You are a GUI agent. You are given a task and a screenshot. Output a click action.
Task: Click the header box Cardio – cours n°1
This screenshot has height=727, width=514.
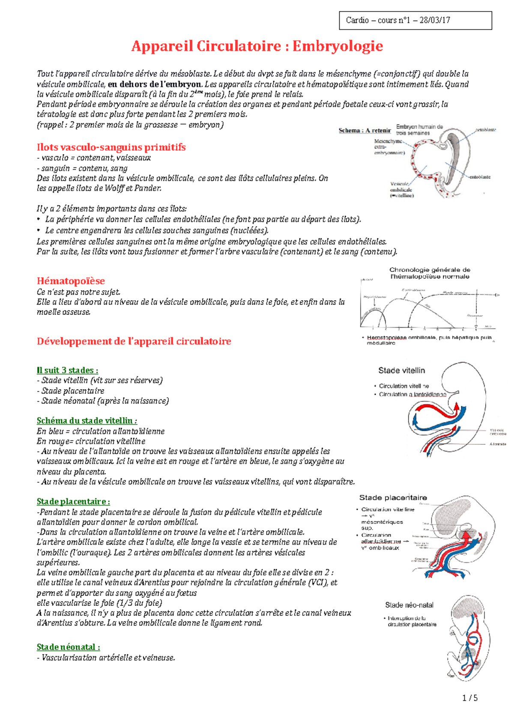(x=415, y=20)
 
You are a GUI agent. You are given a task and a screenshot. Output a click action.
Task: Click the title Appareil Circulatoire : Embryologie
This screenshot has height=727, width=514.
(x=257, y=46)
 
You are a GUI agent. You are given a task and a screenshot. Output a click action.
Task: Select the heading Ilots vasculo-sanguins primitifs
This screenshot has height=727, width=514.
(x=111, y=147)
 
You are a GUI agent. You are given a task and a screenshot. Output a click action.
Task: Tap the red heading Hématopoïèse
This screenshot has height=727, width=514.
(x=71, y=281)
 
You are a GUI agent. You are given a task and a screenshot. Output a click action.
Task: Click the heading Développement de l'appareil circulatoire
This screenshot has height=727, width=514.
(x=134, y=341)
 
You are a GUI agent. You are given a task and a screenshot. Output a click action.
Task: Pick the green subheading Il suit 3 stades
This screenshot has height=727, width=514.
(x=67, y=370)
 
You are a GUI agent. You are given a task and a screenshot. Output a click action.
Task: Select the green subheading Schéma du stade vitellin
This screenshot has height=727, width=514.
(x=87, y=421)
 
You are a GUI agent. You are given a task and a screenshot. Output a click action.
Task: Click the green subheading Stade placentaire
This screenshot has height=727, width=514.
(x=73, y=501)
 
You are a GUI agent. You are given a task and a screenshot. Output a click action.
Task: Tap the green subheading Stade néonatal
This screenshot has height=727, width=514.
(x=68, y=647)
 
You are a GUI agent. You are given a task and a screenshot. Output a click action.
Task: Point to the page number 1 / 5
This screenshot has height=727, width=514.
(x=470, y=698)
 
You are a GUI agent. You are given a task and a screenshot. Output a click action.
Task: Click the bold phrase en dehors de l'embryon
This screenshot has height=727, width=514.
(x=154, y=84)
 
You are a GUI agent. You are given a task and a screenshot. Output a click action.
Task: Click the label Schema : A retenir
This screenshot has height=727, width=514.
(x=365, y=131)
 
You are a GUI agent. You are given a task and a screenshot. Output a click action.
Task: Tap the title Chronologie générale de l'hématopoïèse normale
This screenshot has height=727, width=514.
(x=430, y=273)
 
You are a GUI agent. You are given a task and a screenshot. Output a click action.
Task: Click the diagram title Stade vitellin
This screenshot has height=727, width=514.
(x=401, y=371)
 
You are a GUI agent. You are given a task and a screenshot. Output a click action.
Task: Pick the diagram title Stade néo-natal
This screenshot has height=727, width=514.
(x=409, y=605)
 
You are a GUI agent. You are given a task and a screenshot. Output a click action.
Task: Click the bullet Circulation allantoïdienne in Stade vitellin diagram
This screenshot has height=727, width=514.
(x=412, y=394)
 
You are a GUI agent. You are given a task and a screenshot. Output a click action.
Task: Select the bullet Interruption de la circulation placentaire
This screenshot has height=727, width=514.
(x=411, y=621)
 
